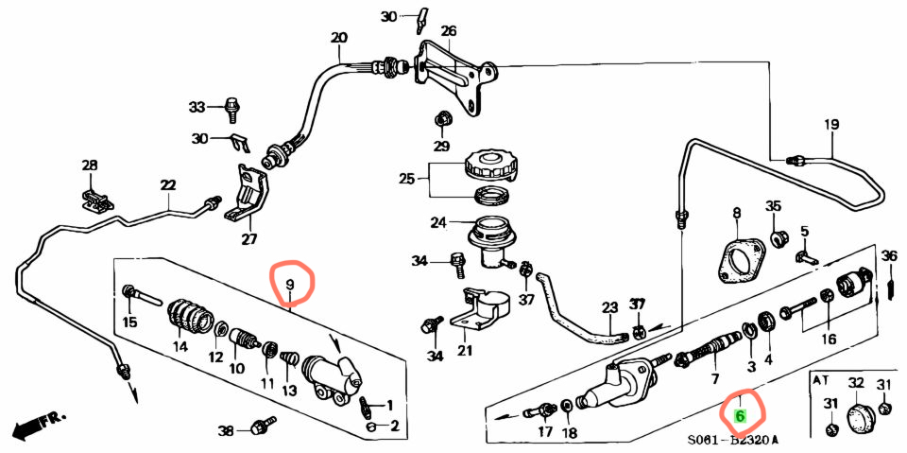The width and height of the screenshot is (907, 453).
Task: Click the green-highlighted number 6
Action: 739,415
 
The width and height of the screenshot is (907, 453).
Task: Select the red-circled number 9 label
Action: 290,285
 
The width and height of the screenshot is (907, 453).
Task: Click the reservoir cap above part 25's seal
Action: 490,166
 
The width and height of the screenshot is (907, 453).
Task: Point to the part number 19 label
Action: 831,125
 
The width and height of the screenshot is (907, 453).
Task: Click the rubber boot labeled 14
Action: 190,318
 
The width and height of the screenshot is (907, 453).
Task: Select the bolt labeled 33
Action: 232,109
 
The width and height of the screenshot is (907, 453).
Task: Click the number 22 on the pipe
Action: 168,184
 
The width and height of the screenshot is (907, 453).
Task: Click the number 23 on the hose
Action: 609,307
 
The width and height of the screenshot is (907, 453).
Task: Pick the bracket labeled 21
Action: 478,308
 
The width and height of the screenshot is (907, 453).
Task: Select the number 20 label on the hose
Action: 339,39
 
